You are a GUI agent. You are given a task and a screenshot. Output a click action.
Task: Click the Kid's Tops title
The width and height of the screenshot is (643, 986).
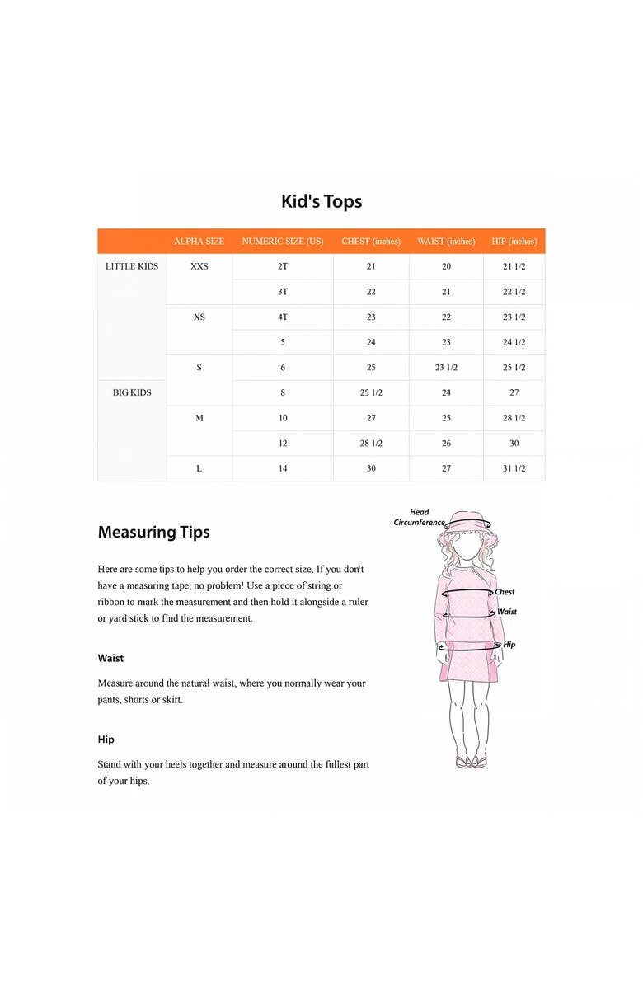tap(321, 201)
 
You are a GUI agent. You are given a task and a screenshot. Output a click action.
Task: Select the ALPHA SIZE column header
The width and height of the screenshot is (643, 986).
tap(199, 242)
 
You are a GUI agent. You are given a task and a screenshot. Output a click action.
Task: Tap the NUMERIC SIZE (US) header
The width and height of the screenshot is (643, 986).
tap(283, 242)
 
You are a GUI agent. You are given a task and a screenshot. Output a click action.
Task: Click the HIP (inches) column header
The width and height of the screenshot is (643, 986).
tap(514, 242)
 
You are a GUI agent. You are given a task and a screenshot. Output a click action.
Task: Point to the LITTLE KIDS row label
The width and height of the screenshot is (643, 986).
tap(132, 266)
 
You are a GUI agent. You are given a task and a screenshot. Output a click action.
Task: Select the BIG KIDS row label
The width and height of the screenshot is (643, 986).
tap(132, 392)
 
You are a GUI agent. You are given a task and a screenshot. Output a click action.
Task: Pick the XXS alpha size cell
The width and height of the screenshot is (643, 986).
tap(199, 266)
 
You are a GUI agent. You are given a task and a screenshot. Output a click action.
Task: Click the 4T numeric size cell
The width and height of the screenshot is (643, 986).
tap(283, 317)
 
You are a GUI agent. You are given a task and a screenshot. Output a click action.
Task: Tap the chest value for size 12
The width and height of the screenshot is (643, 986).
tap(371, 444)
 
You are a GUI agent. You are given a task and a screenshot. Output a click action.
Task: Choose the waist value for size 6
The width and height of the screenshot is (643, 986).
tap(446, 368)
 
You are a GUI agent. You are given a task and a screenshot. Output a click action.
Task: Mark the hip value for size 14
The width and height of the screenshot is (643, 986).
tap(514, 468)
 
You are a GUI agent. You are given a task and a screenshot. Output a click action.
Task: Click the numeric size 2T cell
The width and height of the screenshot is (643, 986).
tap(283, 266)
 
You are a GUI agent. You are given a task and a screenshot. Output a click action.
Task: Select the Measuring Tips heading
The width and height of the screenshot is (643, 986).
tap(153, 532)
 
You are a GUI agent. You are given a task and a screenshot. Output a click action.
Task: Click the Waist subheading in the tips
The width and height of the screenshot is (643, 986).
tap(110, 658)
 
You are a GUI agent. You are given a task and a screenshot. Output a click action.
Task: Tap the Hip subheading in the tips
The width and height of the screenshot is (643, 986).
tap(106, 739)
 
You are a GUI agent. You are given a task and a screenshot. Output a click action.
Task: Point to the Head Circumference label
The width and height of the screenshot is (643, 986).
tap(419, 517)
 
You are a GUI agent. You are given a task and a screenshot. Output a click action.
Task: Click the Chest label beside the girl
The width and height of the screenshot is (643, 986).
tap(505, 592)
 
